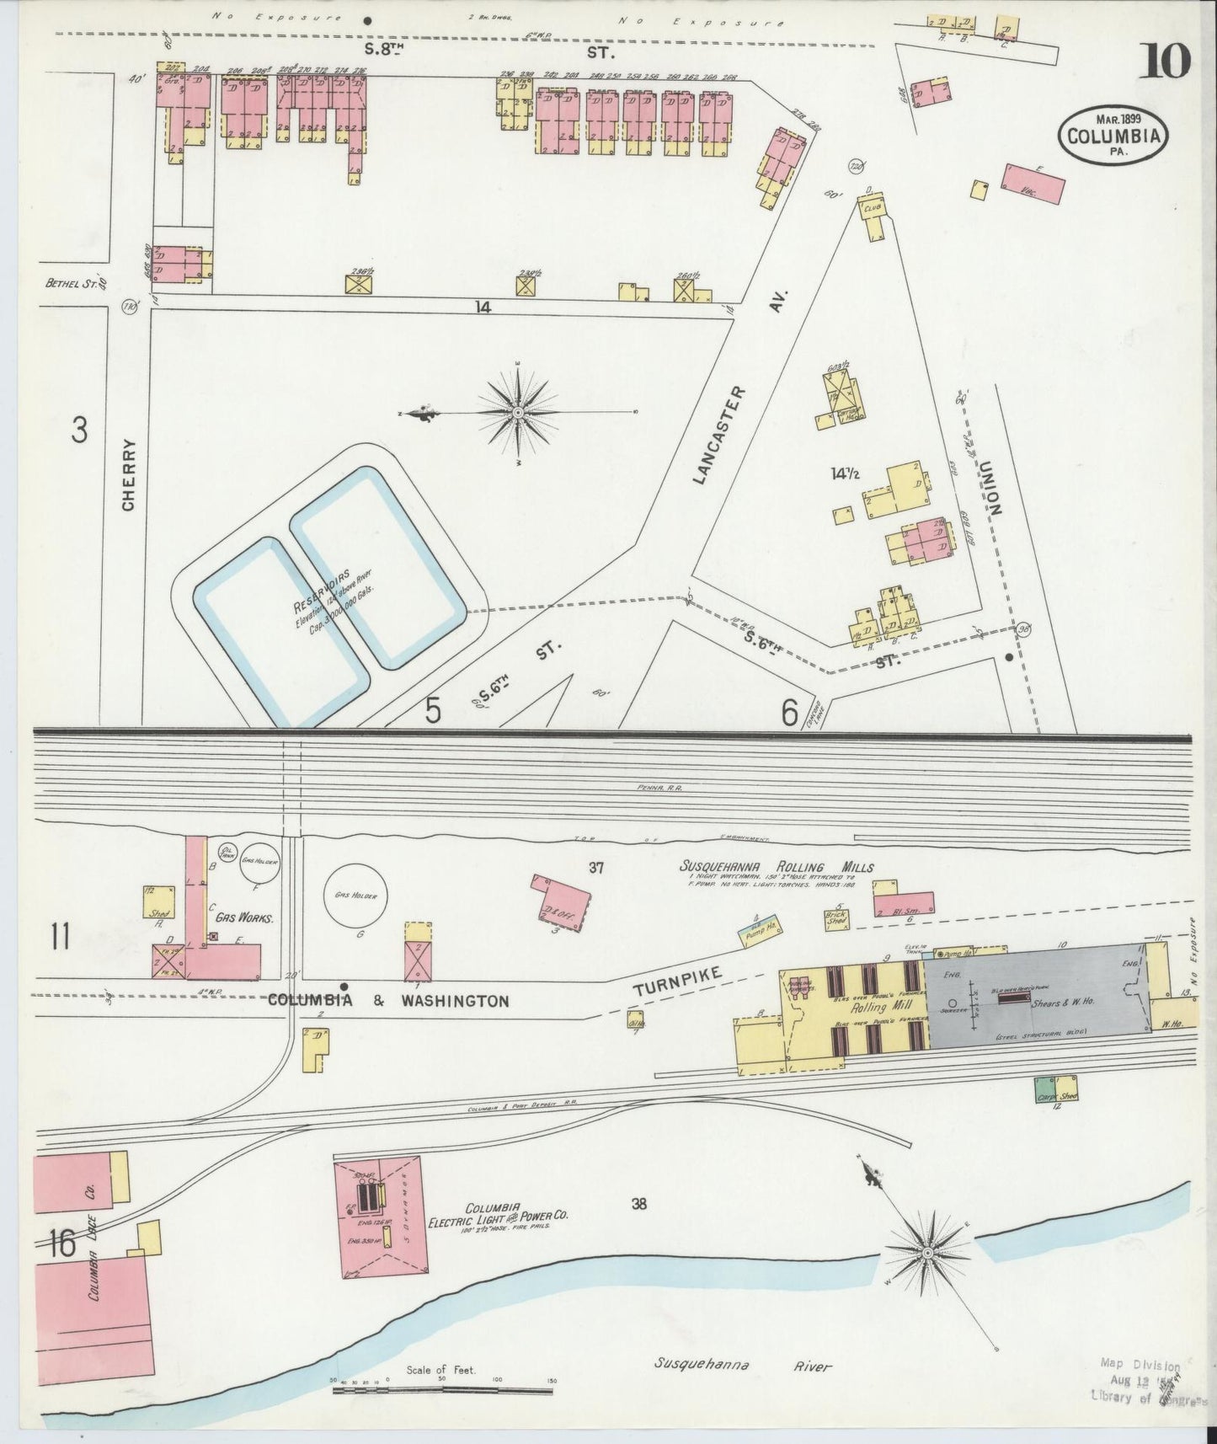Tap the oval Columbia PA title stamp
(1114, 134)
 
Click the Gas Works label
(243, 917)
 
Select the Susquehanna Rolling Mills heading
(777, 867)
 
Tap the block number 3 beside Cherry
(79, 431)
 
